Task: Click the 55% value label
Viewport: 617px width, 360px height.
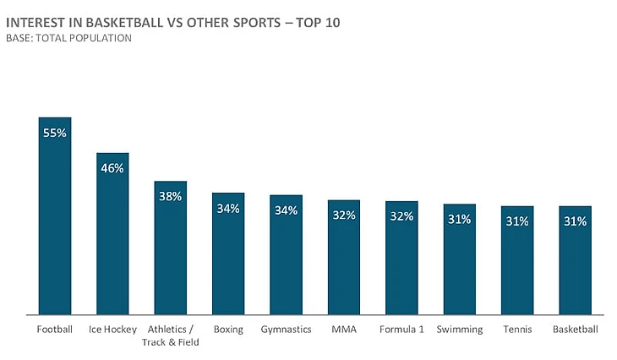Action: point(55,133)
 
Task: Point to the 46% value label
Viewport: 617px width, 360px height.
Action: point(112,168)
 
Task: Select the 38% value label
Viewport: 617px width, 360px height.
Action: point(170,196)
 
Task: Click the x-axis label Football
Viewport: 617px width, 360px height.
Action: point(55,330)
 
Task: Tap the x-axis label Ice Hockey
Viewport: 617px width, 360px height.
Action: point(112,330)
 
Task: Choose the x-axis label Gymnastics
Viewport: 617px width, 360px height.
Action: point(286,330)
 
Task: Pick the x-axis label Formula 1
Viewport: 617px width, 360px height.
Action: point(401,330)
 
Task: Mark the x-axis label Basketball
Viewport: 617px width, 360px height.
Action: point(575,330)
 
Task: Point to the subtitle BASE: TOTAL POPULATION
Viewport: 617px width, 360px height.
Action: point(68,38)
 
